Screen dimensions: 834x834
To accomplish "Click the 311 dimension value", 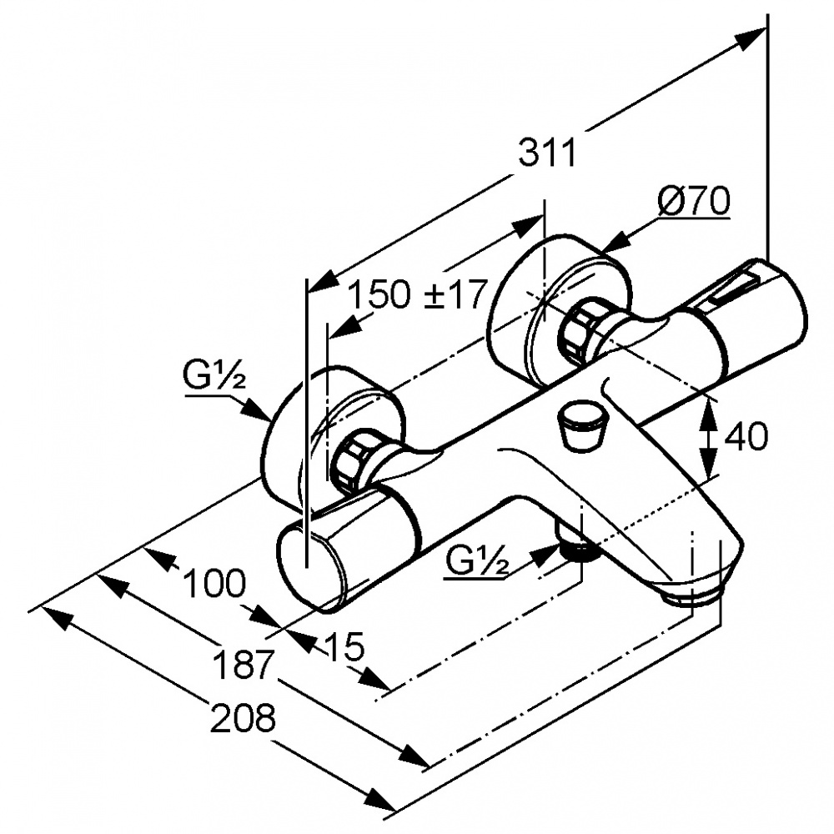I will [547, 153].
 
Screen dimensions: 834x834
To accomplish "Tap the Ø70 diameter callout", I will [692, 201].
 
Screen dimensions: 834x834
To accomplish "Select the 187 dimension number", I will [243, 666].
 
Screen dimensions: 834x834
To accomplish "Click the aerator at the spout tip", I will [692, 593].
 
